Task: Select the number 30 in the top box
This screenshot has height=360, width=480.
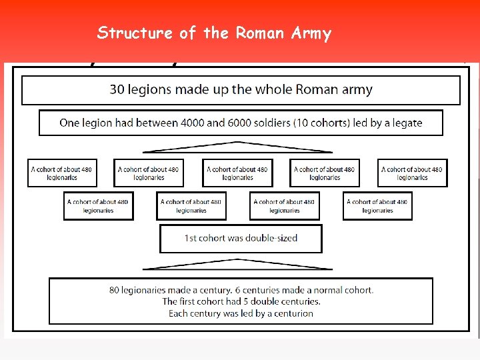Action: pos(117,90)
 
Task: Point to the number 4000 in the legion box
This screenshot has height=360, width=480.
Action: pos(194,123)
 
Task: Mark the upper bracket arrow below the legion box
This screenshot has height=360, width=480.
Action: pos(238,147)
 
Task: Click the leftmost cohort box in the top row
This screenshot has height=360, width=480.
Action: pos(61,173)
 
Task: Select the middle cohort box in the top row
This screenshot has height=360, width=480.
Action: pos(237,173)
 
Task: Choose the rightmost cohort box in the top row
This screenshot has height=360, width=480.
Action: pos(412,173)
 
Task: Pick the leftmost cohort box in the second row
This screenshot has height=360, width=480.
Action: pos(98,206)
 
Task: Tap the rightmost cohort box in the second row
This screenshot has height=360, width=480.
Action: pos(377,206)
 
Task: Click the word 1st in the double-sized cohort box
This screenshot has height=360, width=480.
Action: pos(191,238)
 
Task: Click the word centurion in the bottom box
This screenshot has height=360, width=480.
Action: pos(288,313)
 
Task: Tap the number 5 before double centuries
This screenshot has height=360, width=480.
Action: pos(249,301)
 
